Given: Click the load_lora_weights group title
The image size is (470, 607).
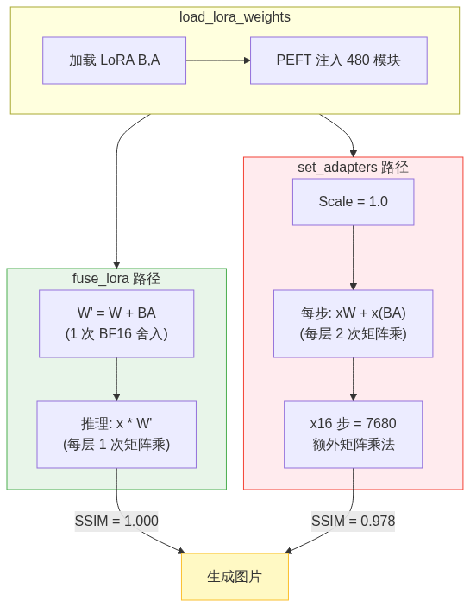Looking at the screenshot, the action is pyautogui.click(x=235, y=17).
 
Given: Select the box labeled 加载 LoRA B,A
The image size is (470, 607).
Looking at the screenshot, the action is pyautogui.click(x=115, y=60).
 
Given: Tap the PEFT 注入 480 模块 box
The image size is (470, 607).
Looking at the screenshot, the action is pyautogui.click(x=339, y=60).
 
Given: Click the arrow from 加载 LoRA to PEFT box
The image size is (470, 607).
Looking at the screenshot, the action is pyautogui.click(x=218, y=60).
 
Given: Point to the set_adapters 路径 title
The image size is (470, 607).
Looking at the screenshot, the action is pyautogui.click(x=353, y=168).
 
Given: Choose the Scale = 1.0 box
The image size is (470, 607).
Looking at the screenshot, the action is pyautogui.click(x=354, y=202).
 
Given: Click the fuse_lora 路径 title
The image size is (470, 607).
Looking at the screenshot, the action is pyautogui.click(x=116, y=279).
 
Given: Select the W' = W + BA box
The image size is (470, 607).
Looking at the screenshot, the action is pyautogui.click(x=116, y=324).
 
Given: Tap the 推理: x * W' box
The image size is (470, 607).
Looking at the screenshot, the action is pyautogui.click(x=116, y=434).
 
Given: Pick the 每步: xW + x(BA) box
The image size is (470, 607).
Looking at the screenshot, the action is pyautogui.click(x=354, y=324).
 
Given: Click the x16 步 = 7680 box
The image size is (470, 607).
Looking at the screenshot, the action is pyautogui.click(x=354, y=434).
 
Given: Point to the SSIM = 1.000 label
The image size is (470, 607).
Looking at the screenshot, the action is pyautogui.click(x=116, y=521).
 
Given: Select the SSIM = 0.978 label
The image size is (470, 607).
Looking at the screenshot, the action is pyautogui.click(x=354, y=521).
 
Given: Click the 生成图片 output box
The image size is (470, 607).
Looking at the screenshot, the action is pyautogui.click(x=235, y=577).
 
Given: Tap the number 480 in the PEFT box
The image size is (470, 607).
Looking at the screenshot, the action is pyautogui.click(x=358, y=60).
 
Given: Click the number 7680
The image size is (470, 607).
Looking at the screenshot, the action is pyautogui.click(x=381, y=423).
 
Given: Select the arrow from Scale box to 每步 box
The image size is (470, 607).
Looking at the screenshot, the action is pyautogui.click(x=354, y=257).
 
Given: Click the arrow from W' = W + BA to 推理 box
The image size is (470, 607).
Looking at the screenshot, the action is pyautogui.click(x=116, y=379).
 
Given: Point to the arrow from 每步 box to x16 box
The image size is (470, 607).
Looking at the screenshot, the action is pyautogui.click(x=354, y=379).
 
